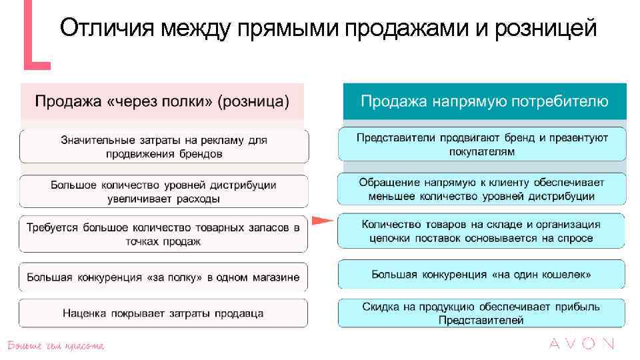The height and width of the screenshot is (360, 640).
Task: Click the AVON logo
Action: click(x=581, y=344)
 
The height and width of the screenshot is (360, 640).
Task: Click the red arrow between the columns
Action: click(x=322, y=221)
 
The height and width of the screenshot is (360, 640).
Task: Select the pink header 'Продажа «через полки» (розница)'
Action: click(x=162, y=102)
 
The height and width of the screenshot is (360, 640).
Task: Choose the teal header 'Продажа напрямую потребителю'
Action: click(x=484, y=102)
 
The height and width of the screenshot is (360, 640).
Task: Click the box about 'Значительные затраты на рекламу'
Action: click(x=164, y=147)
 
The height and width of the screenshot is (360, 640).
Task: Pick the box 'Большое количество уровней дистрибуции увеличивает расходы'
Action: click(x=164, y=191)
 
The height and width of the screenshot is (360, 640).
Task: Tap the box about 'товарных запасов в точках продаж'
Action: click(x=164, y=234)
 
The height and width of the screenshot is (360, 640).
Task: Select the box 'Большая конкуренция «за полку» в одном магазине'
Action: click(x=164, y=277)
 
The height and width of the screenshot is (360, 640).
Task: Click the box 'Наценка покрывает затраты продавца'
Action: click(x=164, y=313)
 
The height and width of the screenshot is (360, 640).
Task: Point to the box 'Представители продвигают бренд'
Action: click(x=482, y=144)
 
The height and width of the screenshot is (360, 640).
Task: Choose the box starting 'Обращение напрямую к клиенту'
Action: click(x=482, y=189)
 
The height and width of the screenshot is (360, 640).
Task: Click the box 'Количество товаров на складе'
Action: click(x=482, y=231)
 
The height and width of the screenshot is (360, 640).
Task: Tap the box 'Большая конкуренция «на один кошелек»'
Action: click(x=482, y=274)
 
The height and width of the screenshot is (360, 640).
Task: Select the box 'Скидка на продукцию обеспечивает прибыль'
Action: click(x=482, y=313)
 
